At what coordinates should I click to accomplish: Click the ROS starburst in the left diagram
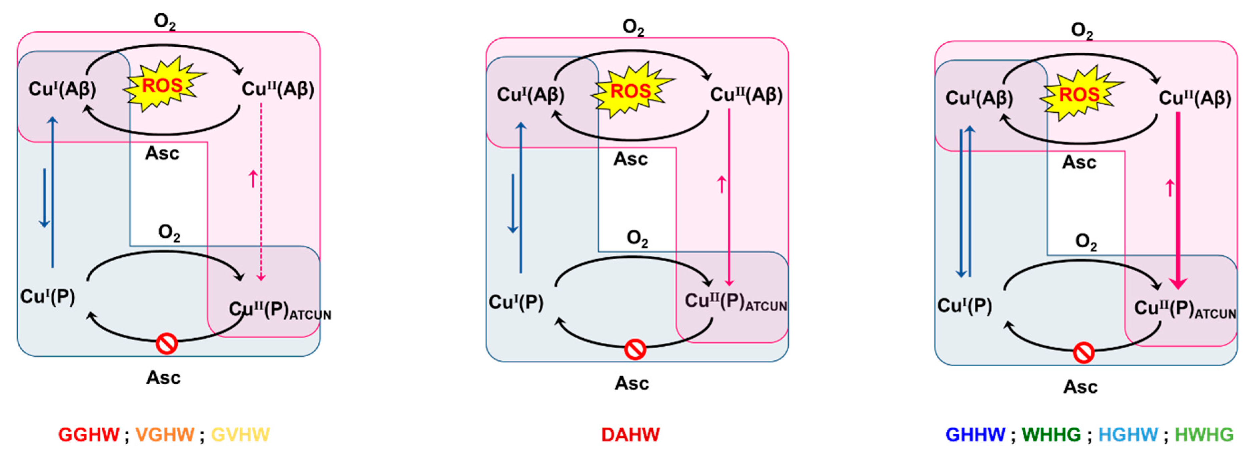(163, 85)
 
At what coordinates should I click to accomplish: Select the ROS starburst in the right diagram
(1079, 94)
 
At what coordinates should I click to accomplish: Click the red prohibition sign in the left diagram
(167, 344)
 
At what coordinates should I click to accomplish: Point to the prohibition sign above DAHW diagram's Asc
(635, 350)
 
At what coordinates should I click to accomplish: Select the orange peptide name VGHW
(165, 434)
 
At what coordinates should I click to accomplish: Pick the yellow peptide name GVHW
(240, 434)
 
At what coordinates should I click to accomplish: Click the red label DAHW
(630, 434)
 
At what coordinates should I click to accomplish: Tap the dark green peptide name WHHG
(1051, 434)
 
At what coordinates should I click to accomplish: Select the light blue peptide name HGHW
(1128, 434)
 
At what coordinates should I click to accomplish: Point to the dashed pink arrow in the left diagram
(261, 195)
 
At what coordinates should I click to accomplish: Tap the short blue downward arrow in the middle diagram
(513, 203)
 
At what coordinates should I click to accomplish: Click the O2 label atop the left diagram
(165, 21)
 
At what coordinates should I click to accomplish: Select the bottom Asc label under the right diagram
(1080, 387)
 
